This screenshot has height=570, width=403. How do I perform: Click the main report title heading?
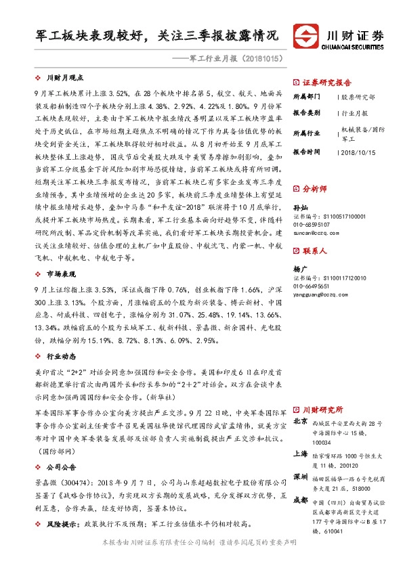coord(157,35)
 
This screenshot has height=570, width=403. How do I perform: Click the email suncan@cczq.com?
coord(316,232)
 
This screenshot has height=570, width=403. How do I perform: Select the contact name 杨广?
coord(300,268)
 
